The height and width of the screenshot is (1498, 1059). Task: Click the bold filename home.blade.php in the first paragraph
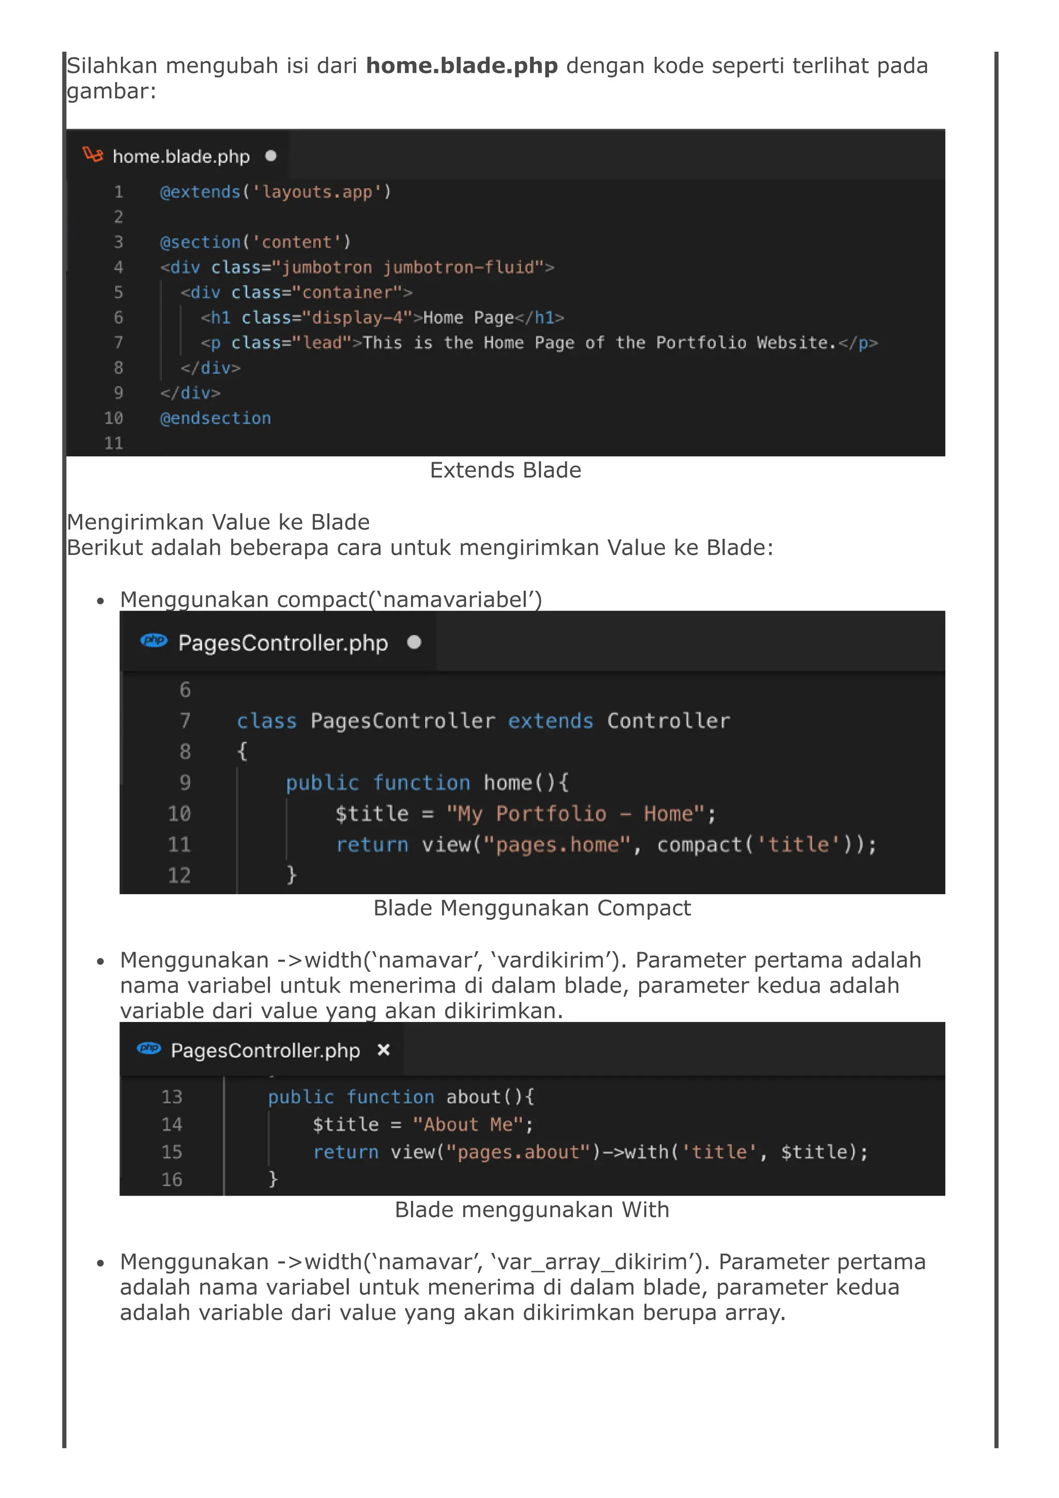pos(461,66)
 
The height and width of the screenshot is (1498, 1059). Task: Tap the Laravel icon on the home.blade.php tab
pos(93,155)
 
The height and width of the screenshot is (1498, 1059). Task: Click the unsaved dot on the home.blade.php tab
pos(271,156)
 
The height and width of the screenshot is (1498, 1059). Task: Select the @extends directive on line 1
pos(200,192)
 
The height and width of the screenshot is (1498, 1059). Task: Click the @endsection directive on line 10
pos(215,418)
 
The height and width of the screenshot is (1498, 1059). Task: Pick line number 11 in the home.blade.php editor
pos(114,444)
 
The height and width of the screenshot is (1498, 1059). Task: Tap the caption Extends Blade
pos(505,470)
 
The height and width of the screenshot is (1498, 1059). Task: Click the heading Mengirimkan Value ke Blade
pos(218,522)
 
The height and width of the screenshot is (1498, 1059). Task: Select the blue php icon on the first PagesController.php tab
pos(154,640)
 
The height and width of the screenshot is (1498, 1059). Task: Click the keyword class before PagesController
pos(266,721)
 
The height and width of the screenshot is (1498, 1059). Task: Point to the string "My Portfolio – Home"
pos(576,814)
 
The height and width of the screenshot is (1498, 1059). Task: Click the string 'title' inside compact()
pos(798,845)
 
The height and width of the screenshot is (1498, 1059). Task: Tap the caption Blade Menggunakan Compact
pos(532,908)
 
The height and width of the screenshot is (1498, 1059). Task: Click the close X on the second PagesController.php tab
pos(384,1050)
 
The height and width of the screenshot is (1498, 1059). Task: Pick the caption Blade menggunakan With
pos(532,1210)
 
